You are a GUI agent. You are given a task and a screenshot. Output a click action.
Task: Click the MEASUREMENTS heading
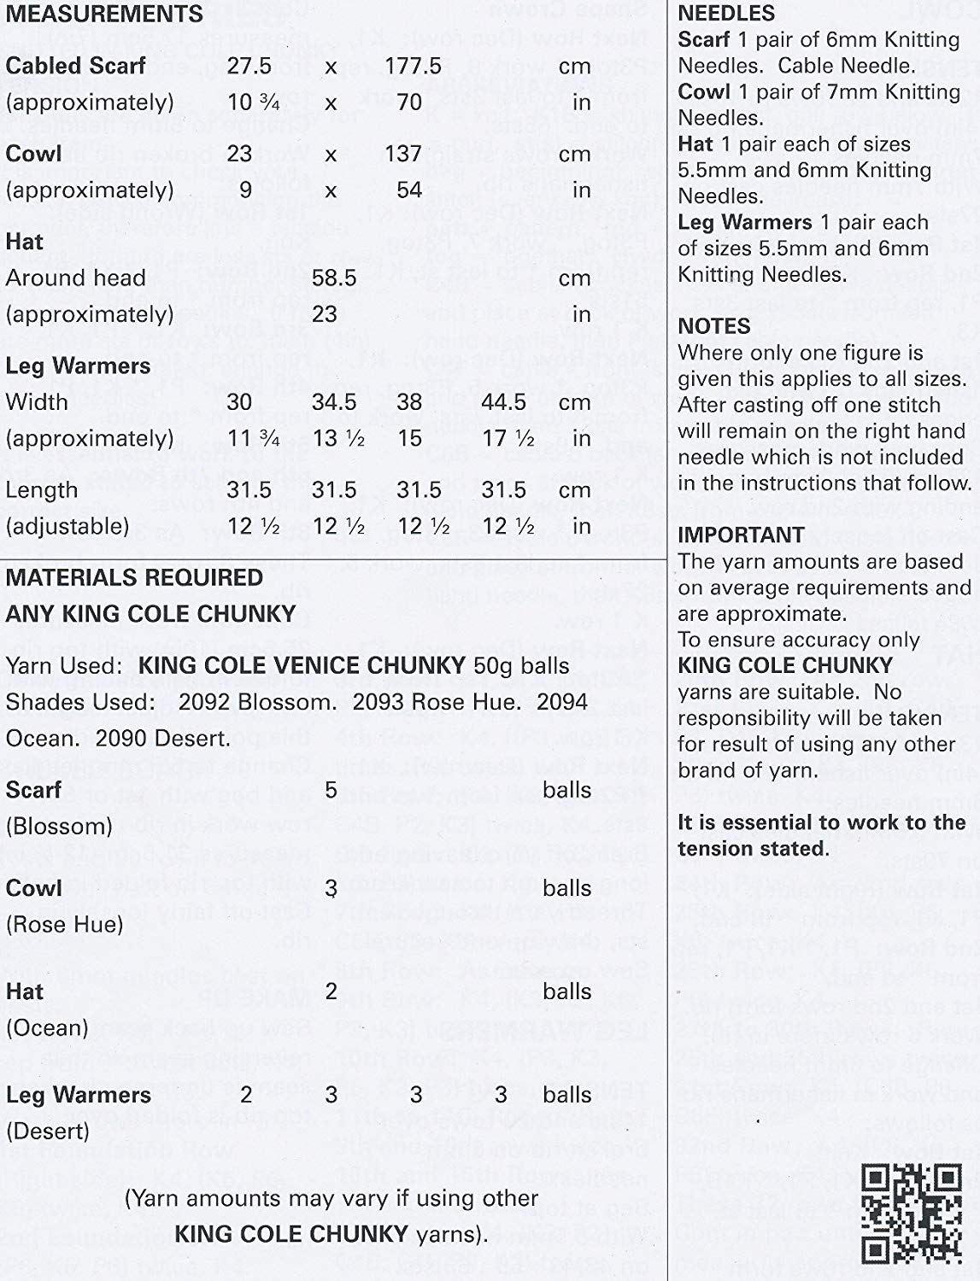[x=105, y=15]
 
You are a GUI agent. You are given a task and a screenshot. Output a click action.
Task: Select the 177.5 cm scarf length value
[x=413, y=66]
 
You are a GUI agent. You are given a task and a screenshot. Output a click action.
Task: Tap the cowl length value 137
[x=403, y=154]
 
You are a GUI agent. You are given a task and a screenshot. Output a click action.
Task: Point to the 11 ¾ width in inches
[x=254, y=438]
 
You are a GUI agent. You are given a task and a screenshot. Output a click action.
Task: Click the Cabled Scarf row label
[x=76, y=66]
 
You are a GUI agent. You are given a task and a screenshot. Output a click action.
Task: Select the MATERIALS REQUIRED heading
[x=134, y=577]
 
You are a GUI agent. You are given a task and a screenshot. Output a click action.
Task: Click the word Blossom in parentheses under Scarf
[x=59, y=826]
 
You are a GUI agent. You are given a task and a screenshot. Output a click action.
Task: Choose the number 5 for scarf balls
[x=332, y=789]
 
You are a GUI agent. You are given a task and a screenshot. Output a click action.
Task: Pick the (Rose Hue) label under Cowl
[x=65, y=924]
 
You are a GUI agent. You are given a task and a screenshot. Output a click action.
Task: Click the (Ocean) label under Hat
[x=47, y=1027]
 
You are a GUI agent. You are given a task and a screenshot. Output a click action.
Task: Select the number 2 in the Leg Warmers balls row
[x=246, y=1095]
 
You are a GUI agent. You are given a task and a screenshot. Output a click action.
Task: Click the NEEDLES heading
[x=726, y=14]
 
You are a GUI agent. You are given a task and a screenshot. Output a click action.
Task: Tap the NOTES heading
[x=714, y=326]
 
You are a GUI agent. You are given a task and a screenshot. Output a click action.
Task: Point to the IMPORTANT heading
[x=742, y=535]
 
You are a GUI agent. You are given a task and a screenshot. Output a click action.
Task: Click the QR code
[x=912, y=1213]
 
